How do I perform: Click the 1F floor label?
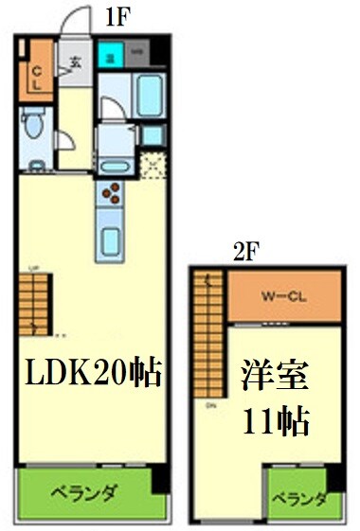pos(117,16)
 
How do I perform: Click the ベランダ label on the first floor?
pos(83,493)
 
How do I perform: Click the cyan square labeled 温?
pos(111,55)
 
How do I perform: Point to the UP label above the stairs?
pos(35,268)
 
